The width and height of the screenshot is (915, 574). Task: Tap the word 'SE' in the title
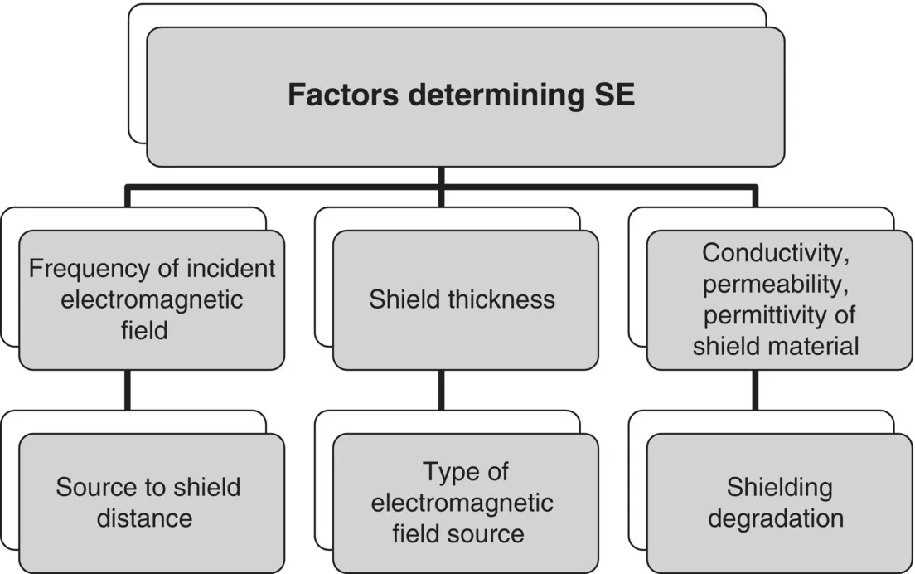[x=614, y=95]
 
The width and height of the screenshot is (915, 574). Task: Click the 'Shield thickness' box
[x=465, y=299]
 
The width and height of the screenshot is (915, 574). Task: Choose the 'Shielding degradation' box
[x=778, y=503]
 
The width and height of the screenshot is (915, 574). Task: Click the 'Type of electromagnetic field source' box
[x=465, y=503]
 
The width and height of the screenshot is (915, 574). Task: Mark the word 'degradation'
[x=778, y=518]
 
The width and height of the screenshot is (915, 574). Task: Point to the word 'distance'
[x=145, y=518]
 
